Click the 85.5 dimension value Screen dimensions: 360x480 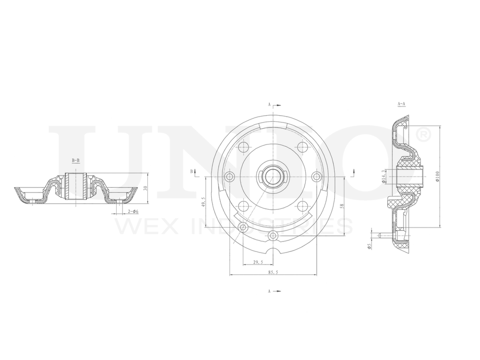(273, 272)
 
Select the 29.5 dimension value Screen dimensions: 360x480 (258, 262)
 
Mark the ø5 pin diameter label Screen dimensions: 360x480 (369, 246)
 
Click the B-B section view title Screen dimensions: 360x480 (76, 159)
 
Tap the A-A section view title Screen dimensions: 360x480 (401, 104)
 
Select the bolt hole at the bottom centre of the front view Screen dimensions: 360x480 (273, 236)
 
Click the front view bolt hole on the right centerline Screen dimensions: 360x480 (316, 177)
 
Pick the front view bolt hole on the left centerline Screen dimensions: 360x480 (229, 177)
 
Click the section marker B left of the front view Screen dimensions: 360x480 (193, 171)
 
